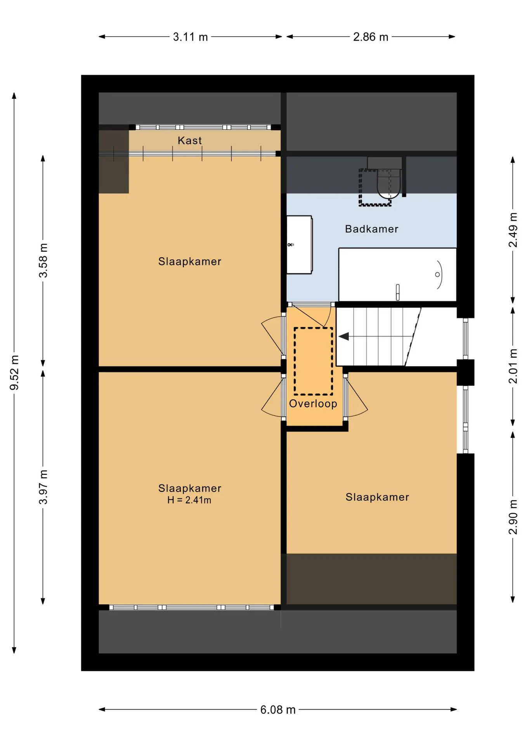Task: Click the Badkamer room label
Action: [371, 229]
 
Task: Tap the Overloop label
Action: [313, 404]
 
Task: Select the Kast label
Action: [190, 140]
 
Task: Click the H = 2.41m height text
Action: [189, 500]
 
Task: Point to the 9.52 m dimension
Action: [14, 373]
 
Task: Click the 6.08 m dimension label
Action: [278, 710]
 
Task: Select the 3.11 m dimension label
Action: [190, 37]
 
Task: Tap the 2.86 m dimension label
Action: [371, 37]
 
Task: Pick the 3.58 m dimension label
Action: [43, 260]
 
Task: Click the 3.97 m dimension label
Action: [43, 487]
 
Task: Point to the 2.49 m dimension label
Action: [513, 230]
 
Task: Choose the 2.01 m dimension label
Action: [513, 366]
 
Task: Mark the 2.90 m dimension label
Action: [513, 517]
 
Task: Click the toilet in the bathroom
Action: [388, 183]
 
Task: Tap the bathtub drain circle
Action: [437, 275]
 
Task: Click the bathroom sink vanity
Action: [299, 245]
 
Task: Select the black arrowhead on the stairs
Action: [344, 336]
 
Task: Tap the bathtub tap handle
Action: [398, 293]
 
